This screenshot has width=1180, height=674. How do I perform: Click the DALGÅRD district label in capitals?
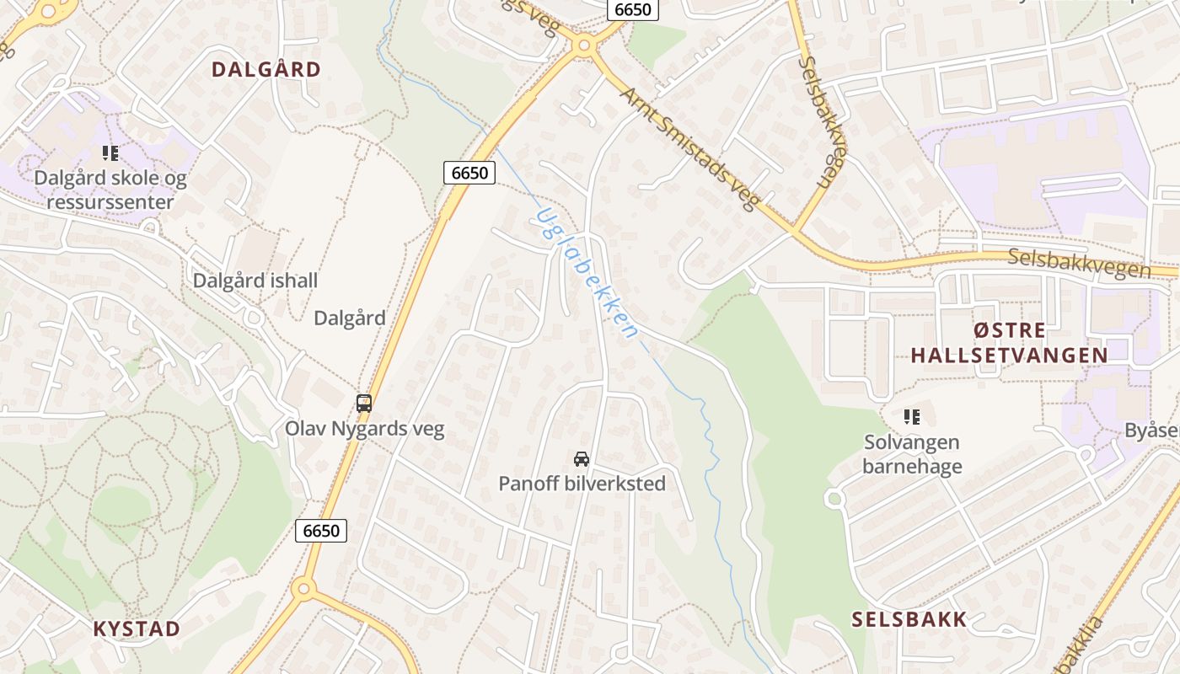pyautogui.click(x=266, y=69)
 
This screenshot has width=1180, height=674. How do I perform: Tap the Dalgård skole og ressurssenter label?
pyautogui.click(x=110, y=190)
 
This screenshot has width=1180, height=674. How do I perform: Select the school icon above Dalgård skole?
pyautogui.click(x=110, y=153)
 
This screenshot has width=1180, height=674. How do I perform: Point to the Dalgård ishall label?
pyautogui.click(x=255, y=281)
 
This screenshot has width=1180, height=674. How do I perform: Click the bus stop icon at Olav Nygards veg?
pyautogui.click(x=364, y=403)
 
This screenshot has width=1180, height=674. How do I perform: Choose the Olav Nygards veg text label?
pyautogui.click(x=364, y=428)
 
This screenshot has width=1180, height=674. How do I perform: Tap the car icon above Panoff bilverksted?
pyautogui.click(x=582, y=458)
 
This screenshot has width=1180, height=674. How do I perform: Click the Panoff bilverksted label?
pyautogui.click(x=582, y=484)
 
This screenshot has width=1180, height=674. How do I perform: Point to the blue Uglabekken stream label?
pyautogui.click(x=585, y=272)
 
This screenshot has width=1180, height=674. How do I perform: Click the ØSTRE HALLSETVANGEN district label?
pyautogui.click(x=1009, y=343)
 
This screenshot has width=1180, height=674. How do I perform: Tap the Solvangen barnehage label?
pyautogui.click(x=912, y=454)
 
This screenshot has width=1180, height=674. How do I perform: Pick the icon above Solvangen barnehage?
pyautogui.click(x=912, y=416)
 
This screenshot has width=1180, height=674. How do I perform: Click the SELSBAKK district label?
pyautogui.click(x=909, y=620)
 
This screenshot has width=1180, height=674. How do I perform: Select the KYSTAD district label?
pyautogui.click(x=137, y=629)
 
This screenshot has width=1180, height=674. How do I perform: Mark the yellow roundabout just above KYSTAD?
pyautogui.click(x=304, y=588)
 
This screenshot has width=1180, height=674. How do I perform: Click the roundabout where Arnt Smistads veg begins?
pyautogui.click(x=582, y=45)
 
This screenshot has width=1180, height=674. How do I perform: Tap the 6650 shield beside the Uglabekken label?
pyautogui.click(x=469, y=173)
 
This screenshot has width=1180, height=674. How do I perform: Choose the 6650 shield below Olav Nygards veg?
pyautogui.click(x=321, y=531)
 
